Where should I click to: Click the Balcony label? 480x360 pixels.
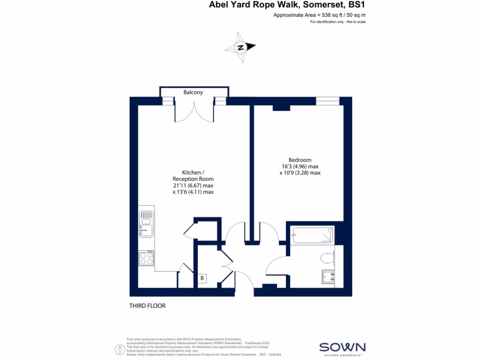193,92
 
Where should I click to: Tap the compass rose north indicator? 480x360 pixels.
240,47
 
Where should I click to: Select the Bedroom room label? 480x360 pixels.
300,160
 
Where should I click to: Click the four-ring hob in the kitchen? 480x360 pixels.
147,258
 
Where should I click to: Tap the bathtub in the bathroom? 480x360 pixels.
313,235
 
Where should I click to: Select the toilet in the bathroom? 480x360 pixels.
328,257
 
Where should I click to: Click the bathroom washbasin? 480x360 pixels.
328,277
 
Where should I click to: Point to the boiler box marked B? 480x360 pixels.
202,278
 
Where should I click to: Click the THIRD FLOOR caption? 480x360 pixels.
147,306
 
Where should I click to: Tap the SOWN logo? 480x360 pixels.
342,347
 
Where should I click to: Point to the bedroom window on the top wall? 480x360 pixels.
327,101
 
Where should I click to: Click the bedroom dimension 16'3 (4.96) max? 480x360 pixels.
300,166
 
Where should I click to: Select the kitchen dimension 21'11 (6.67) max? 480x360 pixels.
193,185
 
